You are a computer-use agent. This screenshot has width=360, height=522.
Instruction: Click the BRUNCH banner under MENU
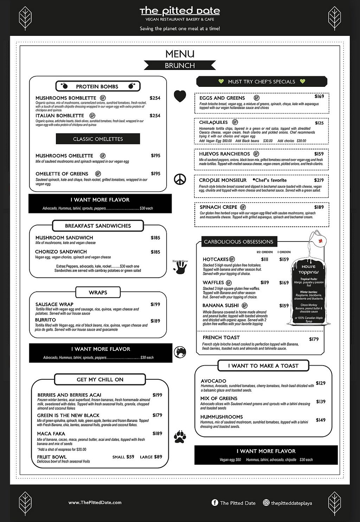180,65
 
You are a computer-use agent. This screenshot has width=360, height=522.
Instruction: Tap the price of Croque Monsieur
319,180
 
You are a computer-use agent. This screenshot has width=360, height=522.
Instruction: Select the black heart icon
180,96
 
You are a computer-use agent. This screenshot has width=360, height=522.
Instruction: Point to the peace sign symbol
180,180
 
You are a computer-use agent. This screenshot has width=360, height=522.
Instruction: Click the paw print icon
180,437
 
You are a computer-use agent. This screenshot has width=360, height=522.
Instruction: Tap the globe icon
180,352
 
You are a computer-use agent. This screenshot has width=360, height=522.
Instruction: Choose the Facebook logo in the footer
215,503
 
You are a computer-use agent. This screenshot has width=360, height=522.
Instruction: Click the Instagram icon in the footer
266,503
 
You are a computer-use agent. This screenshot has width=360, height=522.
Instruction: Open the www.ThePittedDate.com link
95,503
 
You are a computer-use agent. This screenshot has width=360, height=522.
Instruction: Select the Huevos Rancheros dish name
224,154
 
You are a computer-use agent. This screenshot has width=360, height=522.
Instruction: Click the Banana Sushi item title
220,305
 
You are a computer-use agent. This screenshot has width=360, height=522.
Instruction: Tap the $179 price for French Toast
314,339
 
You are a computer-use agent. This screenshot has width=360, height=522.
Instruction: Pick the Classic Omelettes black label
98,139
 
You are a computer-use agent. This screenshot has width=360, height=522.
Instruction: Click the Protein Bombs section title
97,86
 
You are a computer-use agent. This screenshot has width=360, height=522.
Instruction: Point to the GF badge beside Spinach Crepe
243,207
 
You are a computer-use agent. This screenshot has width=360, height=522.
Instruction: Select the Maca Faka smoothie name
51,434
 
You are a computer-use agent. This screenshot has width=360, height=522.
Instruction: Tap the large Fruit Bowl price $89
158,457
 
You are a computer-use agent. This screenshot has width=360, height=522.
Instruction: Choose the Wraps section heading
98,292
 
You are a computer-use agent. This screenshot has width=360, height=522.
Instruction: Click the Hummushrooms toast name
221,417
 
